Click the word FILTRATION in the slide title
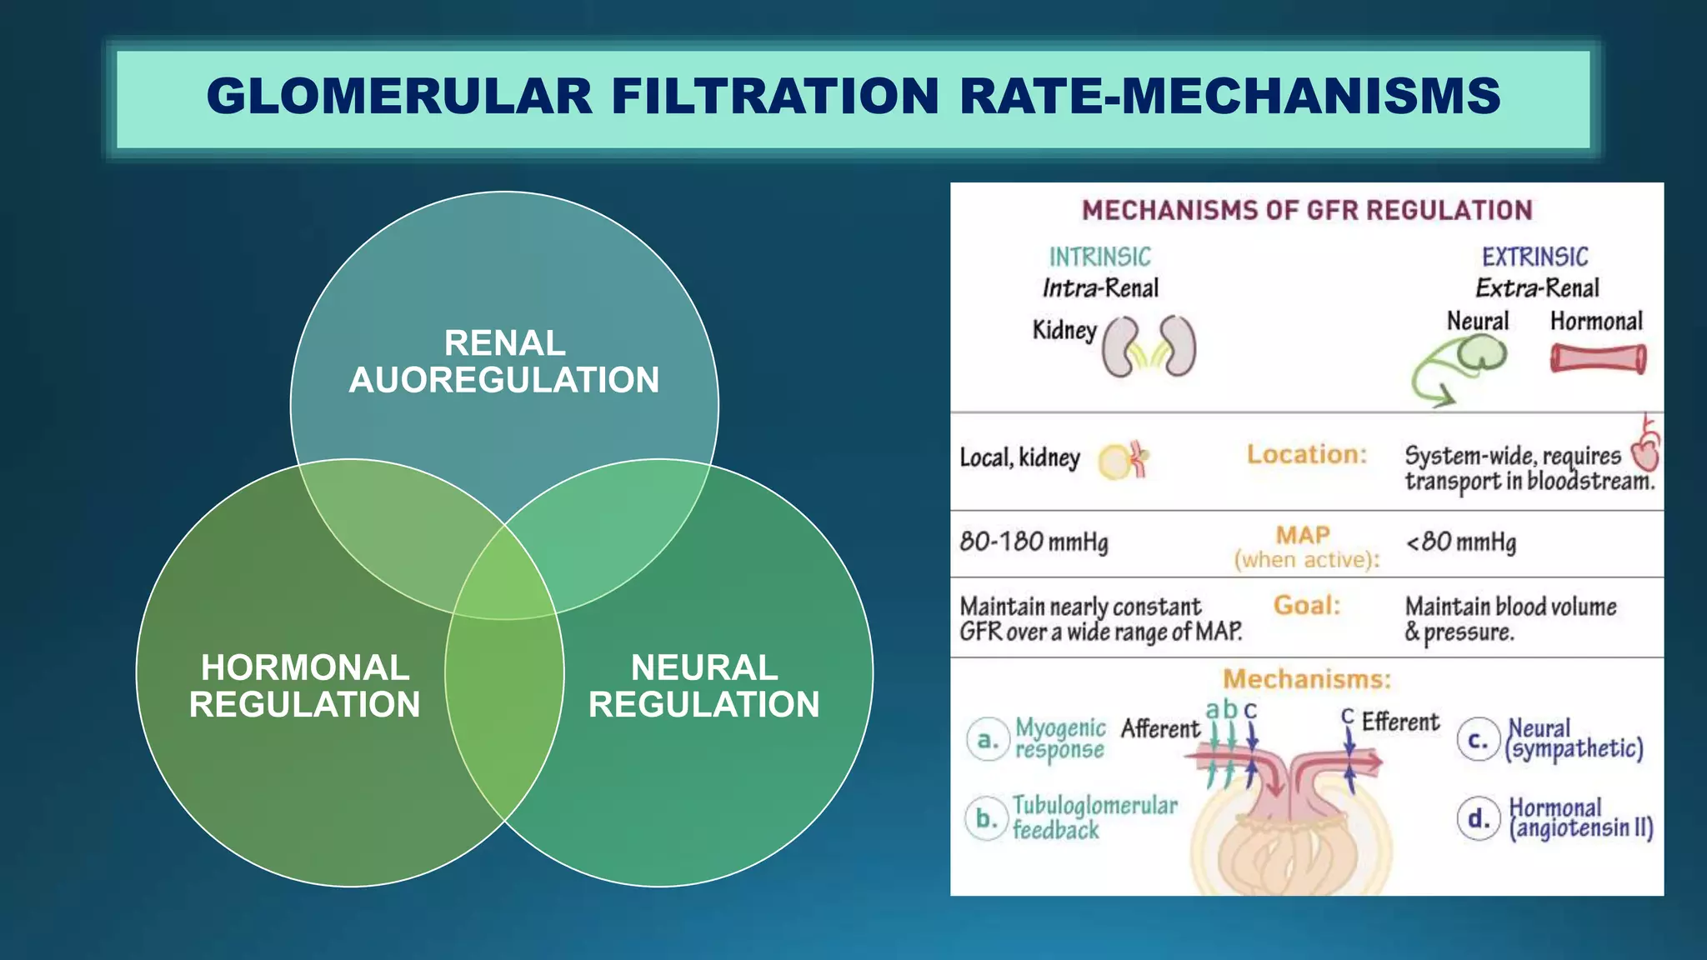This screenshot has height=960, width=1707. pos(775,96)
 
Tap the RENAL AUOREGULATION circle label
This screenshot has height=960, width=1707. pos(504,362)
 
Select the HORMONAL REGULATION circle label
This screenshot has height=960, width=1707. pos(305,686)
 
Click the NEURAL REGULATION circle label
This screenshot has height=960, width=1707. pos(704,686)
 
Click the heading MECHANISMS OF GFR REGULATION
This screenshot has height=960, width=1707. pos(1306,210)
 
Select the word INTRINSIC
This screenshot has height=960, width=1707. pos(1099,257)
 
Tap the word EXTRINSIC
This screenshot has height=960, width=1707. pos(1534,257)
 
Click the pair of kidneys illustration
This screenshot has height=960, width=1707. pos(1149,347)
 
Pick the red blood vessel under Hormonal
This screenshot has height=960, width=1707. pos(1598,359)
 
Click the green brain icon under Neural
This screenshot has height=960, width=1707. pos(1481,353)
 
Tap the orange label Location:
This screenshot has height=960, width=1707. pos(1306,455)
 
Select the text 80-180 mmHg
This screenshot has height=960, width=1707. pos(1034,542)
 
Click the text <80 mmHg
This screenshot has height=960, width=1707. pos(1460,542)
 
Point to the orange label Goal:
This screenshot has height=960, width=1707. pos(1306,605)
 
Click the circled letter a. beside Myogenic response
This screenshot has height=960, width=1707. pos(987,740)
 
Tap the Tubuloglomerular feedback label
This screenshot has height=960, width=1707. pos(1094,817)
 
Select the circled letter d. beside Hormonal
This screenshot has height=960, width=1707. pos(1479,819)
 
